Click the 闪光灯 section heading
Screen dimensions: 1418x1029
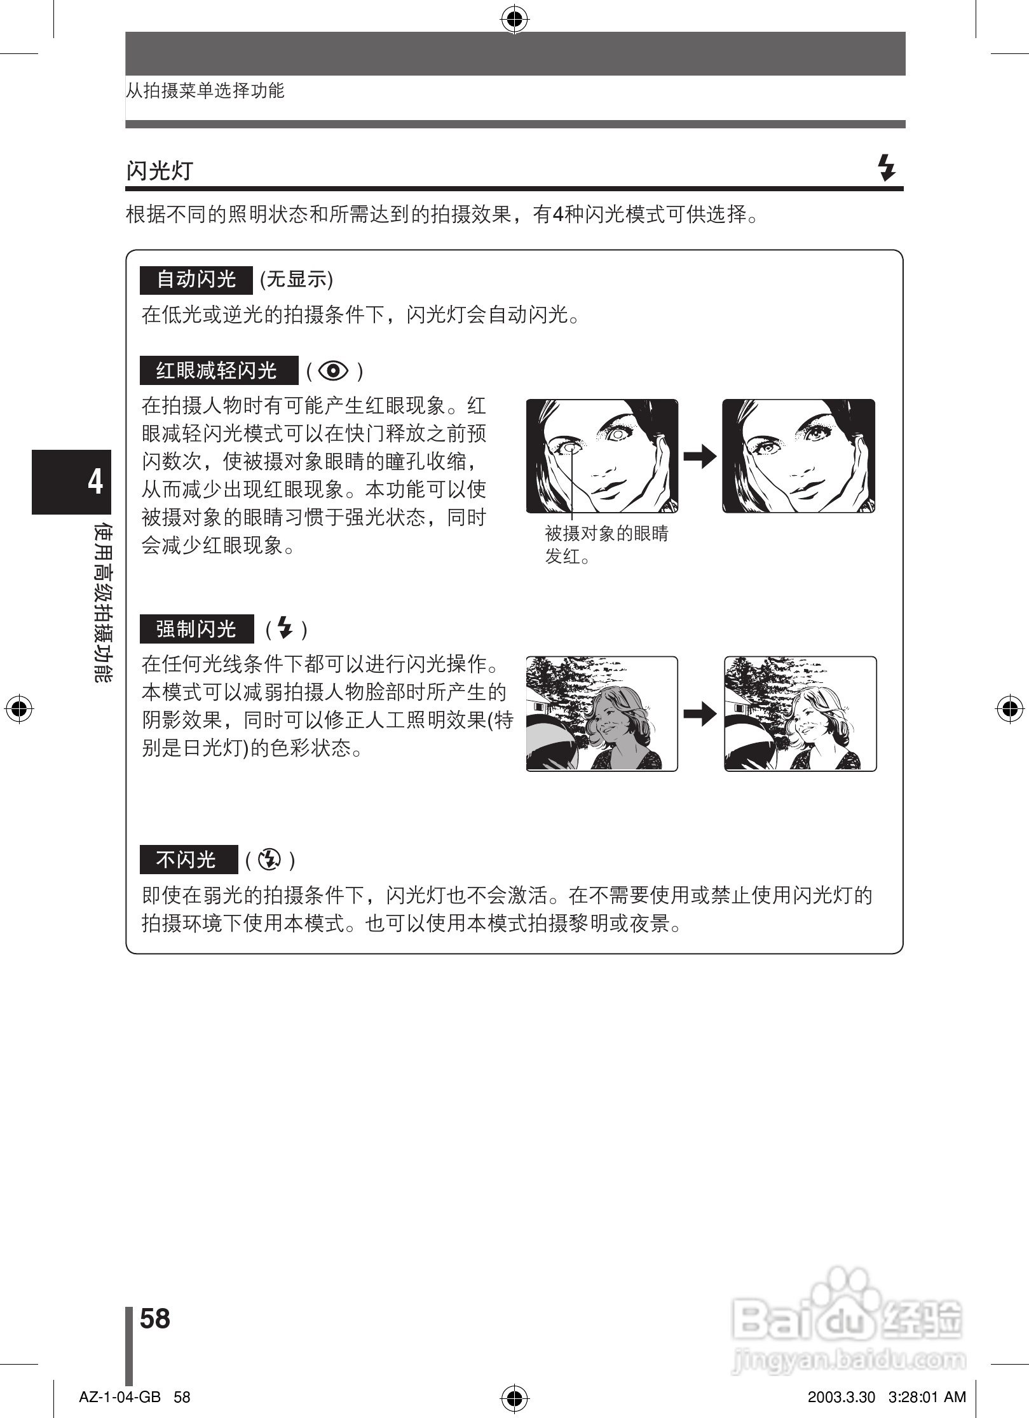click(160, 170)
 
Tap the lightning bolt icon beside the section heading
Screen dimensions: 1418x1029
click(886, 168)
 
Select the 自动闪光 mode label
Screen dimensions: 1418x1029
click(196, 280)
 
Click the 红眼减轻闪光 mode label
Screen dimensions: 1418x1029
click(219, 370)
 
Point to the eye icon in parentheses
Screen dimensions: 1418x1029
click(334, 370)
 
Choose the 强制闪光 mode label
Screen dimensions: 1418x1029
click(196, 629)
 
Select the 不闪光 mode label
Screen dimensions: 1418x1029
click(188, 860)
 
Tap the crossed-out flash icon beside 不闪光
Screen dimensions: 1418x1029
click(270, 860)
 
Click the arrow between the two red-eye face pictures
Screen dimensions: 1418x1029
click(700, 456)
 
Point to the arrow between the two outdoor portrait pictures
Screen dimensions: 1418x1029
click(700, 714)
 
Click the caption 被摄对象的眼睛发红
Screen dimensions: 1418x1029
click(606, 544)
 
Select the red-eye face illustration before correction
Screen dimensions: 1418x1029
click(602, 456)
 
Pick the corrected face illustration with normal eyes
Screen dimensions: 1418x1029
click(798, 456)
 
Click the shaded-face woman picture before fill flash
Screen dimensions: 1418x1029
click(602, 714)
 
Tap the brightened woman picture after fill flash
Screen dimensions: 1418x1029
click(800, 714)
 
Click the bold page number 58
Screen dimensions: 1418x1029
click(155, 1318)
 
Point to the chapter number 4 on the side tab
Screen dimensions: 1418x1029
click(95, 482)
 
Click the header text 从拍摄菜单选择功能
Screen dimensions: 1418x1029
click(205, 91)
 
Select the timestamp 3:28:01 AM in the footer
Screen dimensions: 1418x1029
click(927, 1397)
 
